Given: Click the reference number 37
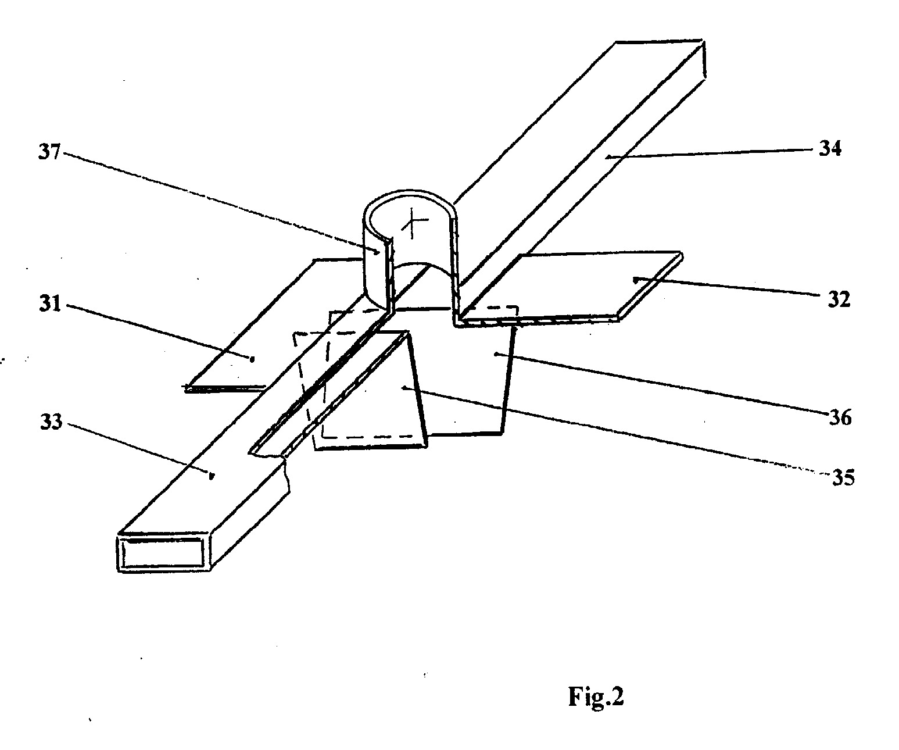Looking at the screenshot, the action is click(49, 152).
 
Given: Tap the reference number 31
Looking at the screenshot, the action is click(50, 303).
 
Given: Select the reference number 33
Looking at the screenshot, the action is click(51, 422).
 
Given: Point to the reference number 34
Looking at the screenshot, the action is click(830, 149).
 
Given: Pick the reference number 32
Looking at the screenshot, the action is click(839, 299).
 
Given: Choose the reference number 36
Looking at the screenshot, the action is click(840, 418).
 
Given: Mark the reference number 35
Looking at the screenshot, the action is click(843, 478).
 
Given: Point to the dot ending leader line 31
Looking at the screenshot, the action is click(252, 358).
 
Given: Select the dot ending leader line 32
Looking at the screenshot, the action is click(635, 280).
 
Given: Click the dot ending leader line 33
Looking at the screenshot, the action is click(210, 476).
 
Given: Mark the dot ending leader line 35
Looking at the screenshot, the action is click(403, 388).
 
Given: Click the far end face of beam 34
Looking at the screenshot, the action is click(704, 59).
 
